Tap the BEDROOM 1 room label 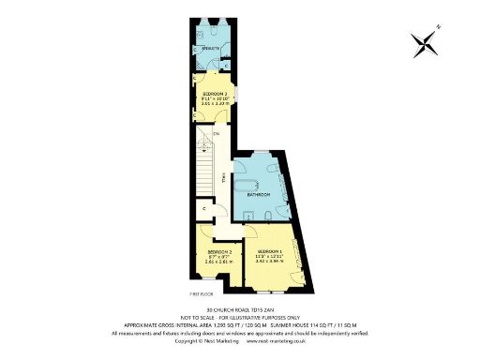pos(270,251)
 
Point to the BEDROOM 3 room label pos(215,95)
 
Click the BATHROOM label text pos(258,194)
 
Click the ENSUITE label pos(210,48)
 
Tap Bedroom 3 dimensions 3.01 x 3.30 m pos(215,105)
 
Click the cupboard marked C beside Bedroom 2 pos(204,209)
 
